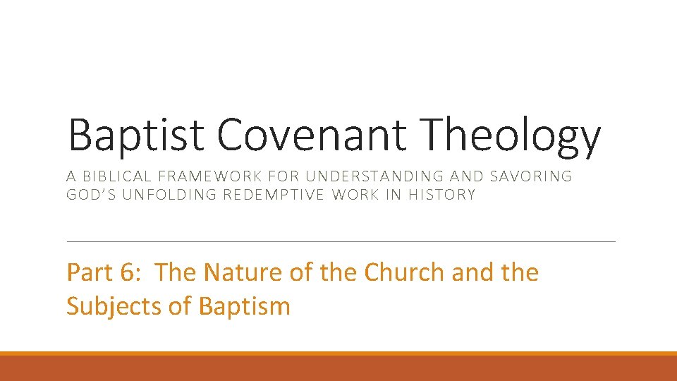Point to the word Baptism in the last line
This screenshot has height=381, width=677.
click(x=245, y=306)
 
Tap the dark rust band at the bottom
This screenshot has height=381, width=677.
click(x=338, y=369)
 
